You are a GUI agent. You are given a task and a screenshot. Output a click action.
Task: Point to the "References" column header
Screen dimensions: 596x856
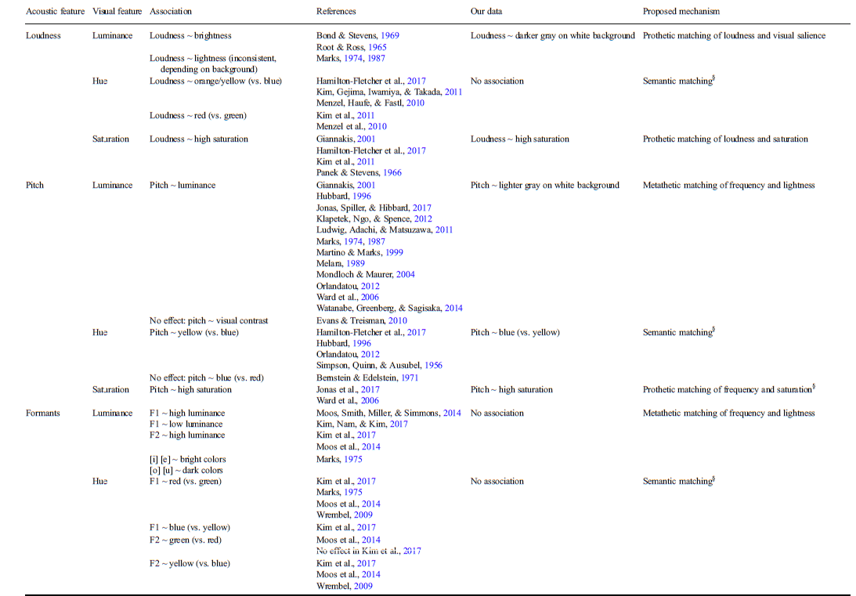[x=336, y=12]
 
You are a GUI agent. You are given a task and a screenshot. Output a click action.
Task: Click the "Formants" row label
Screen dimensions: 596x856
[x=45, y=413]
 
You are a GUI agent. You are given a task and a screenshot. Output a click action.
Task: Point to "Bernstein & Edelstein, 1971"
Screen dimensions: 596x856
[x=367, y=378]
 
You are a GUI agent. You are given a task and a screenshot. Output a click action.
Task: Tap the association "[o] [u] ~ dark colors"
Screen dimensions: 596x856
[x=186, y=470]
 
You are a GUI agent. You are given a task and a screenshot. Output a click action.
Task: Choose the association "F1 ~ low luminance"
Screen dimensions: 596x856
[x=186, y=424]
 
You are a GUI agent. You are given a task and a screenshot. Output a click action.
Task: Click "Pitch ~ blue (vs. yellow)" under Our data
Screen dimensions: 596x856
[x=515, y=332]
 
